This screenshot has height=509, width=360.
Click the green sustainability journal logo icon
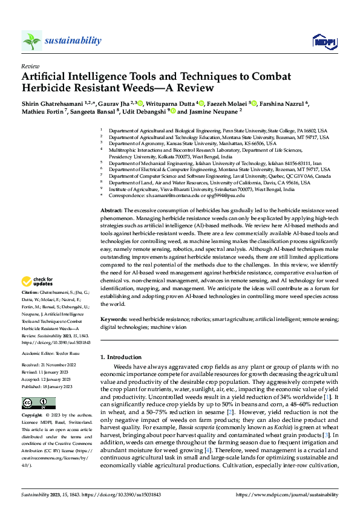pyautogui.click(x=31, y=41)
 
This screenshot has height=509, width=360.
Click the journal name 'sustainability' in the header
pyautogui.click(x=73, y=41)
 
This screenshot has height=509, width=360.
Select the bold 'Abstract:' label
pyautogui.click(x=113, y=209)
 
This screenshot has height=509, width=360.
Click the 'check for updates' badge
pyautogui.click(x=36, y=282)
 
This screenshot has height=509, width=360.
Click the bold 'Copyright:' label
pyautogui.click(x=33, y=416)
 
